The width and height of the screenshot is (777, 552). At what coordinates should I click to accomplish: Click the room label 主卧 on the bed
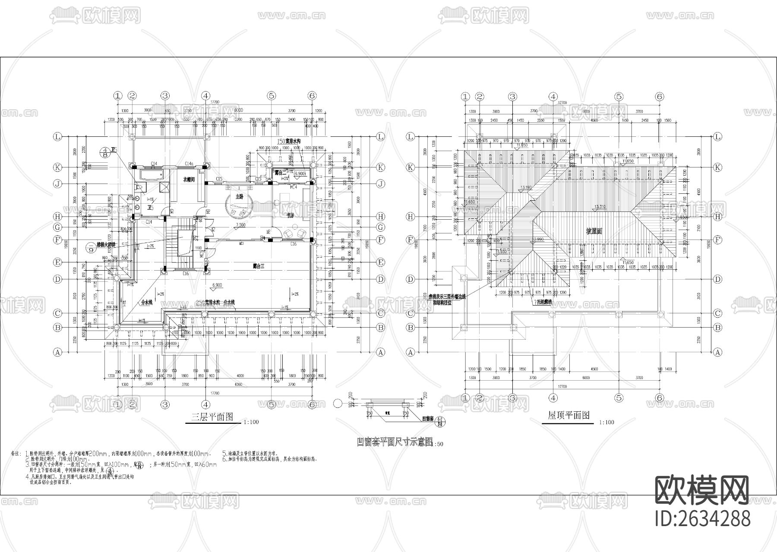pyautogui.click(x=239, y=197)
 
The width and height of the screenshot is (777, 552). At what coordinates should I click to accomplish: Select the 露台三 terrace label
pyautogui.click(x=258, y=266)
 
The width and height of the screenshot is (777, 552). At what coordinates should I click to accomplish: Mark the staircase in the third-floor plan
pyautogui.click(x=183, y=246)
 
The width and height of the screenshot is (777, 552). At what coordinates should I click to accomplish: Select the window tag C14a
pyautogui.click(x=189, y=164)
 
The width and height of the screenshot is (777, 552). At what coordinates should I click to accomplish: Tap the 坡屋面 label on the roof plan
pyautogui.click(x=594, y=231)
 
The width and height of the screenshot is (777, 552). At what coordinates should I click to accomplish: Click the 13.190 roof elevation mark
pyautogui.click(x=525, y=188)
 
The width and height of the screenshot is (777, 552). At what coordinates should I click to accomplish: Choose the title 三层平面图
pyautogui.click(x=212, y=416)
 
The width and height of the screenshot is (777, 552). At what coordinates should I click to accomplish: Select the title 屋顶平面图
pyautogui.click(x=569, y=415)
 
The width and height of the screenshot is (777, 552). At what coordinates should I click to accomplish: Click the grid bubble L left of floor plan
pyautogui.click(x=57, y=137)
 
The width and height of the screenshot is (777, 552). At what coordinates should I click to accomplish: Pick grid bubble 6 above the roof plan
pyautogui.click(x=659, y=97)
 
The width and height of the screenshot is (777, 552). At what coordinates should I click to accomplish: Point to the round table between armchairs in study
pyautogui.click(x=294, y=233)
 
